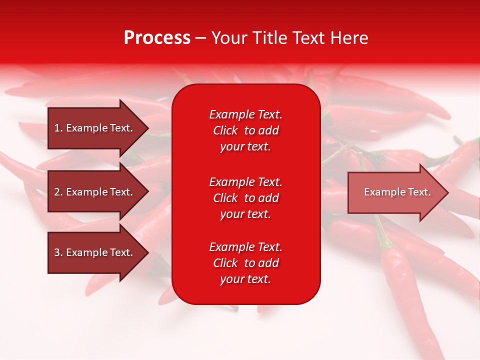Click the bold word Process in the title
[x=157, y=38]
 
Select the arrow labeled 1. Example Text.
[x=98, y=128]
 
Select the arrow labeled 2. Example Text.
[x=98, y=191]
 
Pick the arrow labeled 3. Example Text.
[x=98, y=252]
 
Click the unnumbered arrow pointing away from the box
[x=398, y=192]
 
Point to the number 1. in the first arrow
[x=58, y=128]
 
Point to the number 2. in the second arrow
[x=58, y=192]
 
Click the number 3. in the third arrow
[x=58, y=252]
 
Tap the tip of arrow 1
[x=149, y=128]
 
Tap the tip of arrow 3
[x=149, y=252]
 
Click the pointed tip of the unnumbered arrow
[x=449, y=192]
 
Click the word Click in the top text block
[x=225, y=130]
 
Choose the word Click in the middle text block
[x=225, y=198]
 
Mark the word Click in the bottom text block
[x=225, y=263]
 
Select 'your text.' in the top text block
[x=245, y=147]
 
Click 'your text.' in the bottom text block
[x=245, y=279]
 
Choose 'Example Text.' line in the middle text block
[x=246, y=182]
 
